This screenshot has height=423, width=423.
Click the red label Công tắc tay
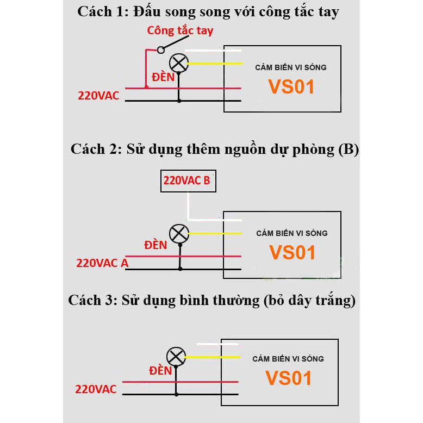(x=180, y=30)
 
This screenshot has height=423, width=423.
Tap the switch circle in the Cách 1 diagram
(x=160, y=50)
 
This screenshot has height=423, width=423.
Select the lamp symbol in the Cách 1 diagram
(x=178, y=63)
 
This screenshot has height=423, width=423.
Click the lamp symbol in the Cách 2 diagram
(x=178, y=234)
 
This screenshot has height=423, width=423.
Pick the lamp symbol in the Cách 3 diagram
(x=176, y=357)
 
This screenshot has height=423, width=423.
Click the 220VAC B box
(x=188, y=181)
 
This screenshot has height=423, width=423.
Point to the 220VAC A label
(x=103, y=263)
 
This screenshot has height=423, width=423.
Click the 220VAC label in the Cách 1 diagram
(x=98, y=96)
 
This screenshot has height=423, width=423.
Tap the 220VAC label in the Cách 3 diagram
(x=96, y=389)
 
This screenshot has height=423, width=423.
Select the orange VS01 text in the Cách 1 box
(x=291, y=87)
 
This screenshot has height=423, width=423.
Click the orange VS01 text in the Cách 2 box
(x=292, y=253)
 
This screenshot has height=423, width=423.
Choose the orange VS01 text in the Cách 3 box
(x=289, y=378)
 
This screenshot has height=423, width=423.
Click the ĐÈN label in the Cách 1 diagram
(x=163, y=77)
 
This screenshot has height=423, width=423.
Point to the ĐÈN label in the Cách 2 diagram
(x=155, y=245)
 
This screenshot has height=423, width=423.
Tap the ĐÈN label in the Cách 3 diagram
(x=160, y=371)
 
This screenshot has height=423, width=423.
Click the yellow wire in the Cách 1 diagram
(x=214, y=64)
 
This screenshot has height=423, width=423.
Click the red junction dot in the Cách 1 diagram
(x=146, y=87)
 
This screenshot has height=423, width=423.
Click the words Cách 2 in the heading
(x=95, y=150)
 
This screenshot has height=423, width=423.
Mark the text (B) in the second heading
(x=349, y=150)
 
